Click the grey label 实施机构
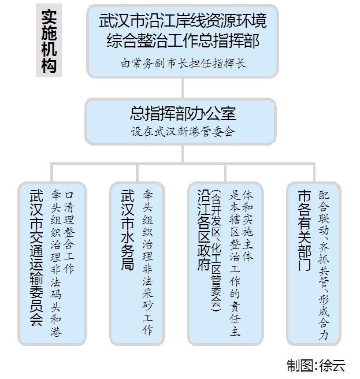(x=49, y=40)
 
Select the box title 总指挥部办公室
(x=183, y=113)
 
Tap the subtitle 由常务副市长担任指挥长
(x=183, y=64)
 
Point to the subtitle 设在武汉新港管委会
(x=183, y=132)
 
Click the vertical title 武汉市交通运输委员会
(x=36, y=258)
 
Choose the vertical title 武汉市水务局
(x=127, y=229)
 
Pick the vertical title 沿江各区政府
(x=203, y=229)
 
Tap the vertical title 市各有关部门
(x=304, y=230)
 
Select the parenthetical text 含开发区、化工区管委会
(x=216, y=251)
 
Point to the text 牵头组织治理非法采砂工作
(x=147, y=262)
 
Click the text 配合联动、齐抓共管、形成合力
(x=324, y=265)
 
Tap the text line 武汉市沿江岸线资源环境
(x=183, y=21)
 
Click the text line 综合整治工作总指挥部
(x=183, y=40)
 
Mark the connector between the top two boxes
(x=183, y=88)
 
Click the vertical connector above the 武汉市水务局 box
(x=137, y=173)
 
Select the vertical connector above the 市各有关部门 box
(x=314, y=173)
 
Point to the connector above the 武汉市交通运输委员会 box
(x=52, y=173)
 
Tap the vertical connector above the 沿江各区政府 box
(x=225, y=173)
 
